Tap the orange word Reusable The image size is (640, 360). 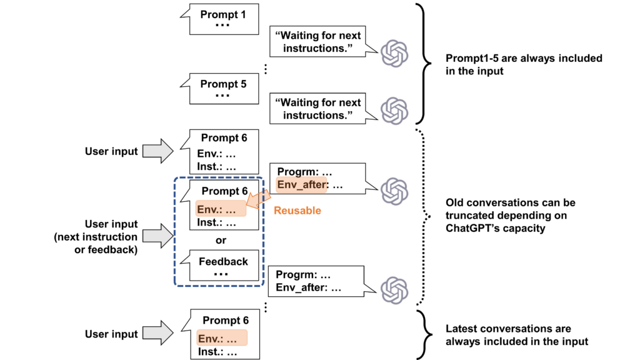[297, 211]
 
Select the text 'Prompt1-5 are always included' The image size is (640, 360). [524, 58]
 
